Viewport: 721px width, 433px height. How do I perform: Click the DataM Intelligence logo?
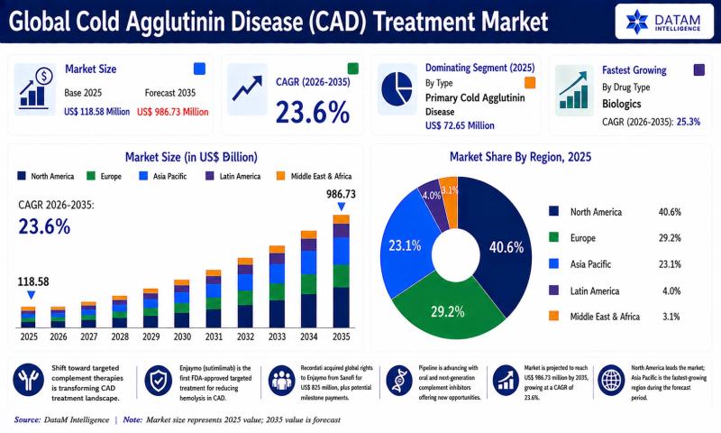click(663, 21)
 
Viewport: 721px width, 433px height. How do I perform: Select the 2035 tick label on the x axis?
click(342, 336)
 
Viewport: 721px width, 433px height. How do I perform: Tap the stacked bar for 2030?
click(182, 303)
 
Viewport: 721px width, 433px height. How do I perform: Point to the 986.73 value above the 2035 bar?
click(342, 194)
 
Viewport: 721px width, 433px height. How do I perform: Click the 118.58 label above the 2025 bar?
click(33, 281)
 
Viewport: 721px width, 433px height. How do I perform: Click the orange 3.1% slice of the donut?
click(450, 202)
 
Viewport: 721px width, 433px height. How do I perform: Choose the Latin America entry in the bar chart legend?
click(233, 176)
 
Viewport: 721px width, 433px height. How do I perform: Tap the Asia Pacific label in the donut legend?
click(590, 264)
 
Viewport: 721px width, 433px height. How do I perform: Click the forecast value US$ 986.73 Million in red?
click(173, 112)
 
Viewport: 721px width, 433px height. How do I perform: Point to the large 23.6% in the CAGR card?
click(313, 112)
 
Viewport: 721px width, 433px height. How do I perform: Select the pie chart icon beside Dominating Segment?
click(397, 89)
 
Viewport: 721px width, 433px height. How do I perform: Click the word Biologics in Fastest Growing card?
click(622, 104)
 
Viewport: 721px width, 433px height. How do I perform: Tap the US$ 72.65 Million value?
click(460, 125)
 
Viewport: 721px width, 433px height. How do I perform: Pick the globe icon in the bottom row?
click(611, 381)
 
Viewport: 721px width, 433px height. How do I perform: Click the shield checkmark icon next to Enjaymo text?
click(159, 381)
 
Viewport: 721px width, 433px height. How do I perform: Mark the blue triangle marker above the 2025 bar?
click(31, 295)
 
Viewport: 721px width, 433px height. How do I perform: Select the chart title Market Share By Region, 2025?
click(520, 157)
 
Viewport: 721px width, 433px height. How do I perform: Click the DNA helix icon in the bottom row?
click(398, 381)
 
